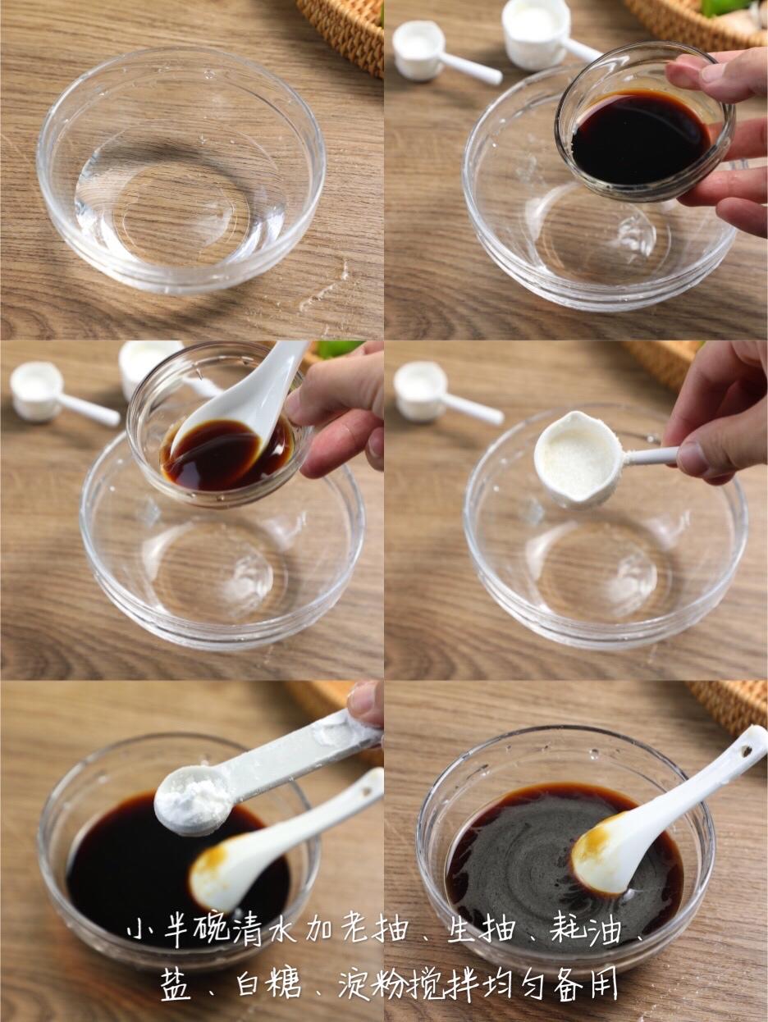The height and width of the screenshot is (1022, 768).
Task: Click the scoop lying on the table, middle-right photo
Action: (x=445, y=394)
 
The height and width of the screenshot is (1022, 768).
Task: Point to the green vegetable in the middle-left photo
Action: (x=338, y=349)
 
